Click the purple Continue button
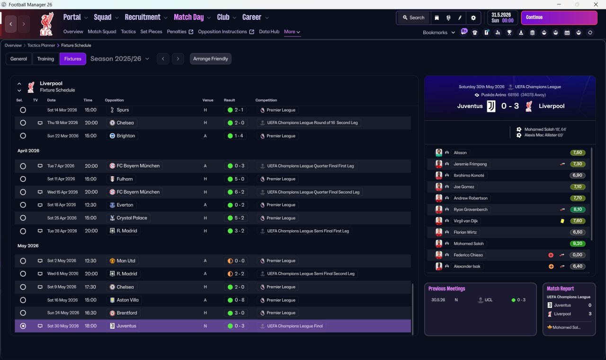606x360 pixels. pyautogui.click(x=559, y=18)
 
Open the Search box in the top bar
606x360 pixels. pyautogui.click(x=413, y=18)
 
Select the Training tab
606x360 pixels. pyautogui.click(x=45, y=59)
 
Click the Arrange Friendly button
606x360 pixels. pyautogui.click(x=211, y=59)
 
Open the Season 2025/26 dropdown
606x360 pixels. pyautogui.click(x=120, y=59)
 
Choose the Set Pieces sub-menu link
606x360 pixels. pyautogui.click(x=151, y=32)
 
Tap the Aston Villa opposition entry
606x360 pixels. pyautogui.click(x=125, y=300)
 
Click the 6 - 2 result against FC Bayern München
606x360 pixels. pyautogui.click(x=236, y=192)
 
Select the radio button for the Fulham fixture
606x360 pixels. pyautogui.click(x=23, y=179)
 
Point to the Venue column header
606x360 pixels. pyautogui.click(x=208, y=100)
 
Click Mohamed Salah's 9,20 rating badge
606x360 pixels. pyautogui.click(x=577, y=243)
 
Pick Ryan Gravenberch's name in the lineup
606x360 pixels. pyautogui.click(x=471, y=209)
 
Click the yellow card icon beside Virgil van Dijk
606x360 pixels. pyautogui.click(x=562, y=221)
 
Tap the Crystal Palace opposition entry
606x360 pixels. pyautogui.click(x=129, y=218)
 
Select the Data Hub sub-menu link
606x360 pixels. pyautogui.click(x=269, y=32)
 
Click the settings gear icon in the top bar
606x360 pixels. pyautogui.click(x=473, y=18)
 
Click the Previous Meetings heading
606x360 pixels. pyautogui.click(x=446, y=288)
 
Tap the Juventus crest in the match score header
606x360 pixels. pyautogui.click(x=491, y=106)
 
